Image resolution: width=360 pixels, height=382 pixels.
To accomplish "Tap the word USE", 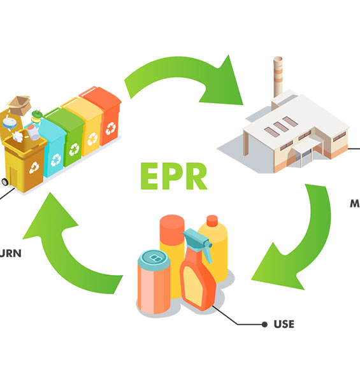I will coord(284,324).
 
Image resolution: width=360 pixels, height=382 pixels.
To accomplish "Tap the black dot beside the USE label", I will coord(264,324).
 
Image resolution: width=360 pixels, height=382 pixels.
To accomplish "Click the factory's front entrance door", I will coord(306,157).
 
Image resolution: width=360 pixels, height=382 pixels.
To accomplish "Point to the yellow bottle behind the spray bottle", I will coord(214,245).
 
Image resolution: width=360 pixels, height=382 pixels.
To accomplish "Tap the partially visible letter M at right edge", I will coord(355,204).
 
